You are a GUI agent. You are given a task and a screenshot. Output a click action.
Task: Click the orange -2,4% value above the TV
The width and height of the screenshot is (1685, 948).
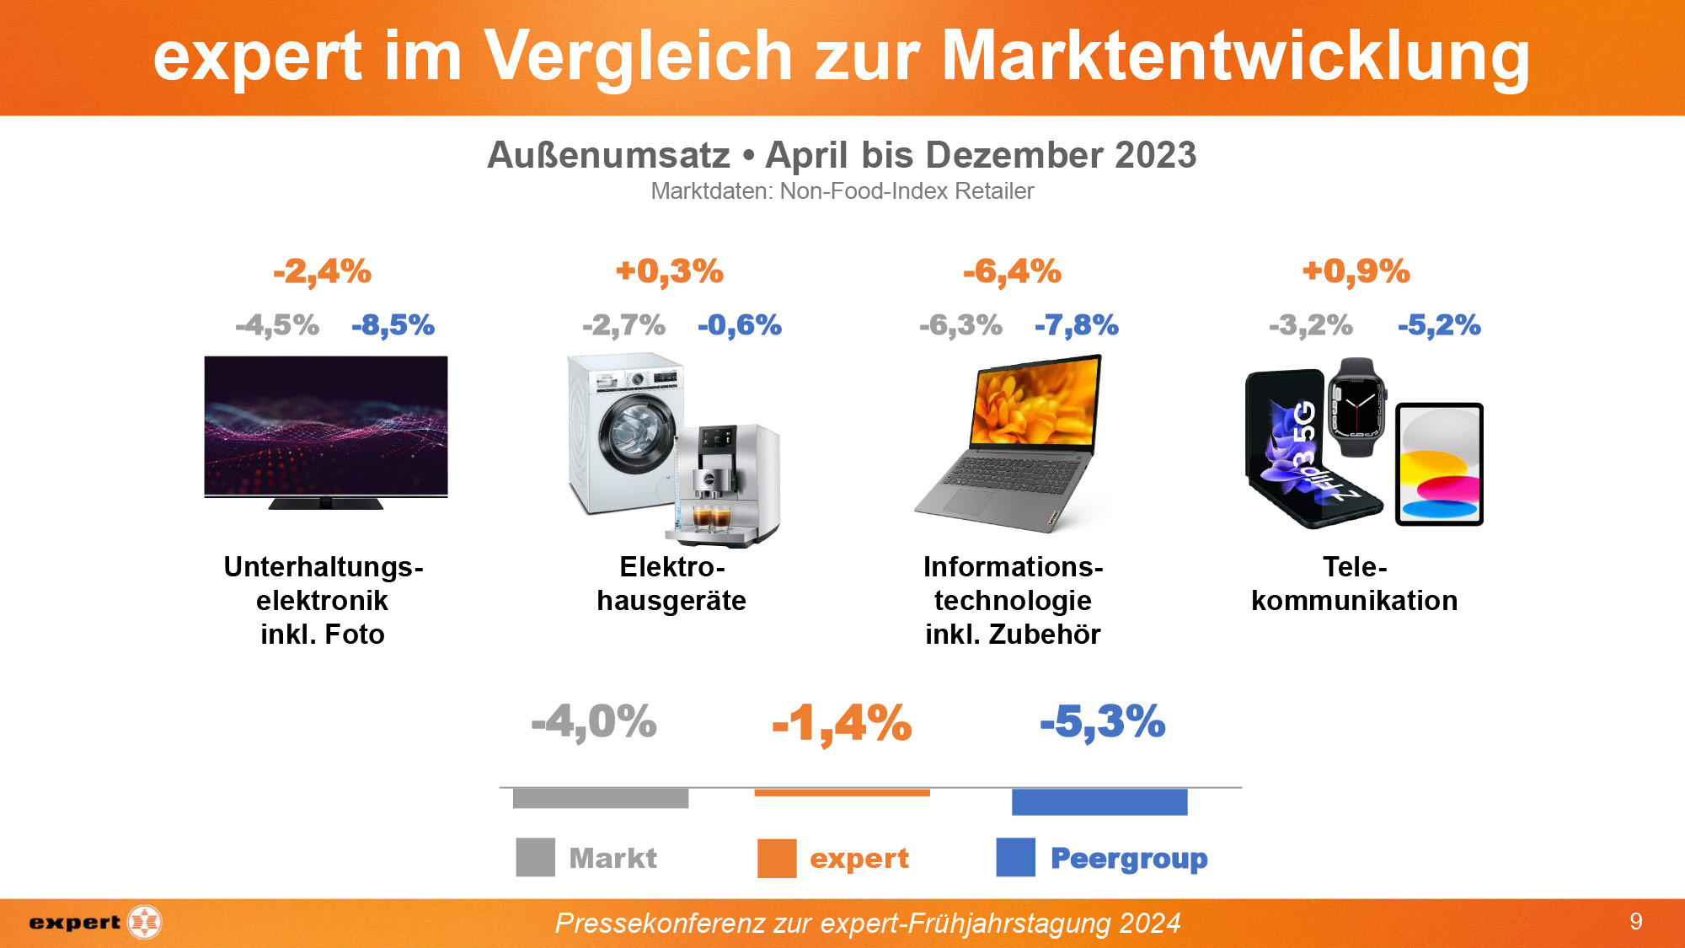(x=322, y=271)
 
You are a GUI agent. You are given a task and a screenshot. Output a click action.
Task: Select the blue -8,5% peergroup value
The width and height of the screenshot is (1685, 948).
(x=393, y=325)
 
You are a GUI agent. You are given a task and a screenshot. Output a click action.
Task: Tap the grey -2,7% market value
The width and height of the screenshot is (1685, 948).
(x=623, y=325)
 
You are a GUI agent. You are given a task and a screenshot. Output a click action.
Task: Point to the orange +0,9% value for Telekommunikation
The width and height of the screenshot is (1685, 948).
(x=1356, y=271)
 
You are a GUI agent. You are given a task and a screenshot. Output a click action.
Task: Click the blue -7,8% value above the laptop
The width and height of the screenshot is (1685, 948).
(x=1076, y=325)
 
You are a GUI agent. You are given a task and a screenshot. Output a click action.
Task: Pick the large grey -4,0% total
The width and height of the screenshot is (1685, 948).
(x=594, y=722)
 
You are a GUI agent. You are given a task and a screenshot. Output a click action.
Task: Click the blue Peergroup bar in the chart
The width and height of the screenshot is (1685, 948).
(x=1099, y=801)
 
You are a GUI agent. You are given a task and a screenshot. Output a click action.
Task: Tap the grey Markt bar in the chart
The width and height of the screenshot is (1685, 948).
(x=600, y=798)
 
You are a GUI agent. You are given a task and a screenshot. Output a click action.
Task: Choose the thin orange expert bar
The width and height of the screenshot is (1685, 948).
(x=842, y=792)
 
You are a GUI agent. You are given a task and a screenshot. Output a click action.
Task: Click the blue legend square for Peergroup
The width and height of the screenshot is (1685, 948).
(x=1015, y=858)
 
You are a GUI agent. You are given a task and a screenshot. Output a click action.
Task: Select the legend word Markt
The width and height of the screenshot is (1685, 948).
(x=612, y=858)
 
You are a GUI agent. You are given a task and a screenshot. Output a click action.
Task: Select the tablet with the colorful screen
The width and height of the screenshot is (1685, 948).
(x=1439, y=464)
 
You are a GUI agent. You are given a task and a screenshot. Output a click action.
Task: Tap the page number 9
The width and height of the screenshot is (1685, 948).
(x=1635, y=921)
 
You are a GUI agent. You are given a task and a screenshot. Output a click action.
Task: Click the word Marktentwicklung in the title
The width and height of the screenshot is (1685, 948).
(x=1234, y=56)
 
